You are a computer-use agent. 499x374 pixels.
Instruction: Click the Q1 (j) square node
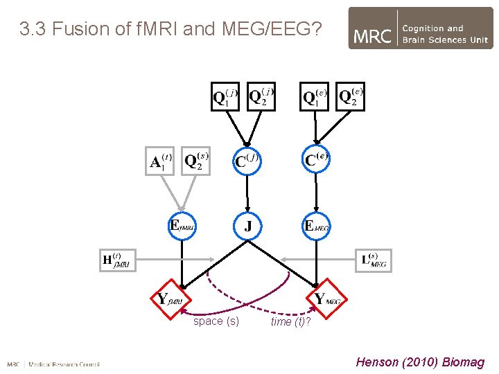pos(225,97)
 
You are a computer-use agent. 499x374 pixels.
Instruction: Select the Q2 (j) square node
pos(261,97)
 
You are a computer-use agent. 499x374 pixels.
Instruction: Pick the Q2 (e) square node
pos(350,97)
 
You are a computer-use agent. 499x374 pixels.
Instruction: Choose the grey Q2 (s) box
pos(197,161)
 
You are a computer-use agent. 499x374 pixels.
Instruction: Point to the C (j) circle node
pos(247,161)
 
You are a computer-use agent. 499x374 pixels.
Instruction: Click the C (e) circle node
pos(315,161)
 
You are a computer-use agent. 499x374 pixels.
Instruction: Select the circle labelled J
pos(247,226)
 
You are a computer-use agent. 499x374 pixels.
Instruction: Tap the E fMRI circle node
pos(183,226)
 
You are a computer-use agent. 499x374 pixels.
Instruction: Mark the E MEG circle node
pos(316,226)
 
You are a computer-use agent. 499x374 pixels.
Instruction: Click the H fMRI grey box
pos(117,260)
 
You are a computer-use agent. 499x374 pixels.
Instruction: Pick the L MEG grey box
pos(375,260)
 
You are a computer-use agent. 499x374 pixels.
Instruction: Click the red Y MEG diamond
pos(326,299)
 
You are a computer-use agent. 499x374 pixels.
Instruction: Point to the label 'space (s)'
pos(216,321)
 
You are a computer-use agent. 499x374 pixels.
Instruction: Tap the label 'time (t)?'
pos(290,322)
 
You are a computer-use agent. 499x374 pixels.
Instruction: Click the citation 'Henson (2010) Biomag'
pos(420,362)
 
